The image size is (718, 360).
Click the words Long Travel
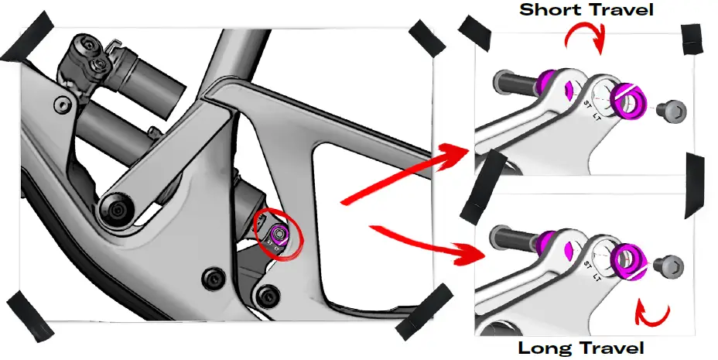coord(580,348)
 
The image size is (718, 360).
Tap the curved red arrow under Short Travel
coord(586,37)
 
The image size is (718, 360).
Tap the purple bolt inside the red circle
coord(280,233)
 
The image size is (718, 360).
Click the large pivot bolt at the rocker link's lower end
coord(118,211)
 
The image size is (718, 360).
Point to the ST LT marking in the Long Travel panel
coord(592,266)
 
